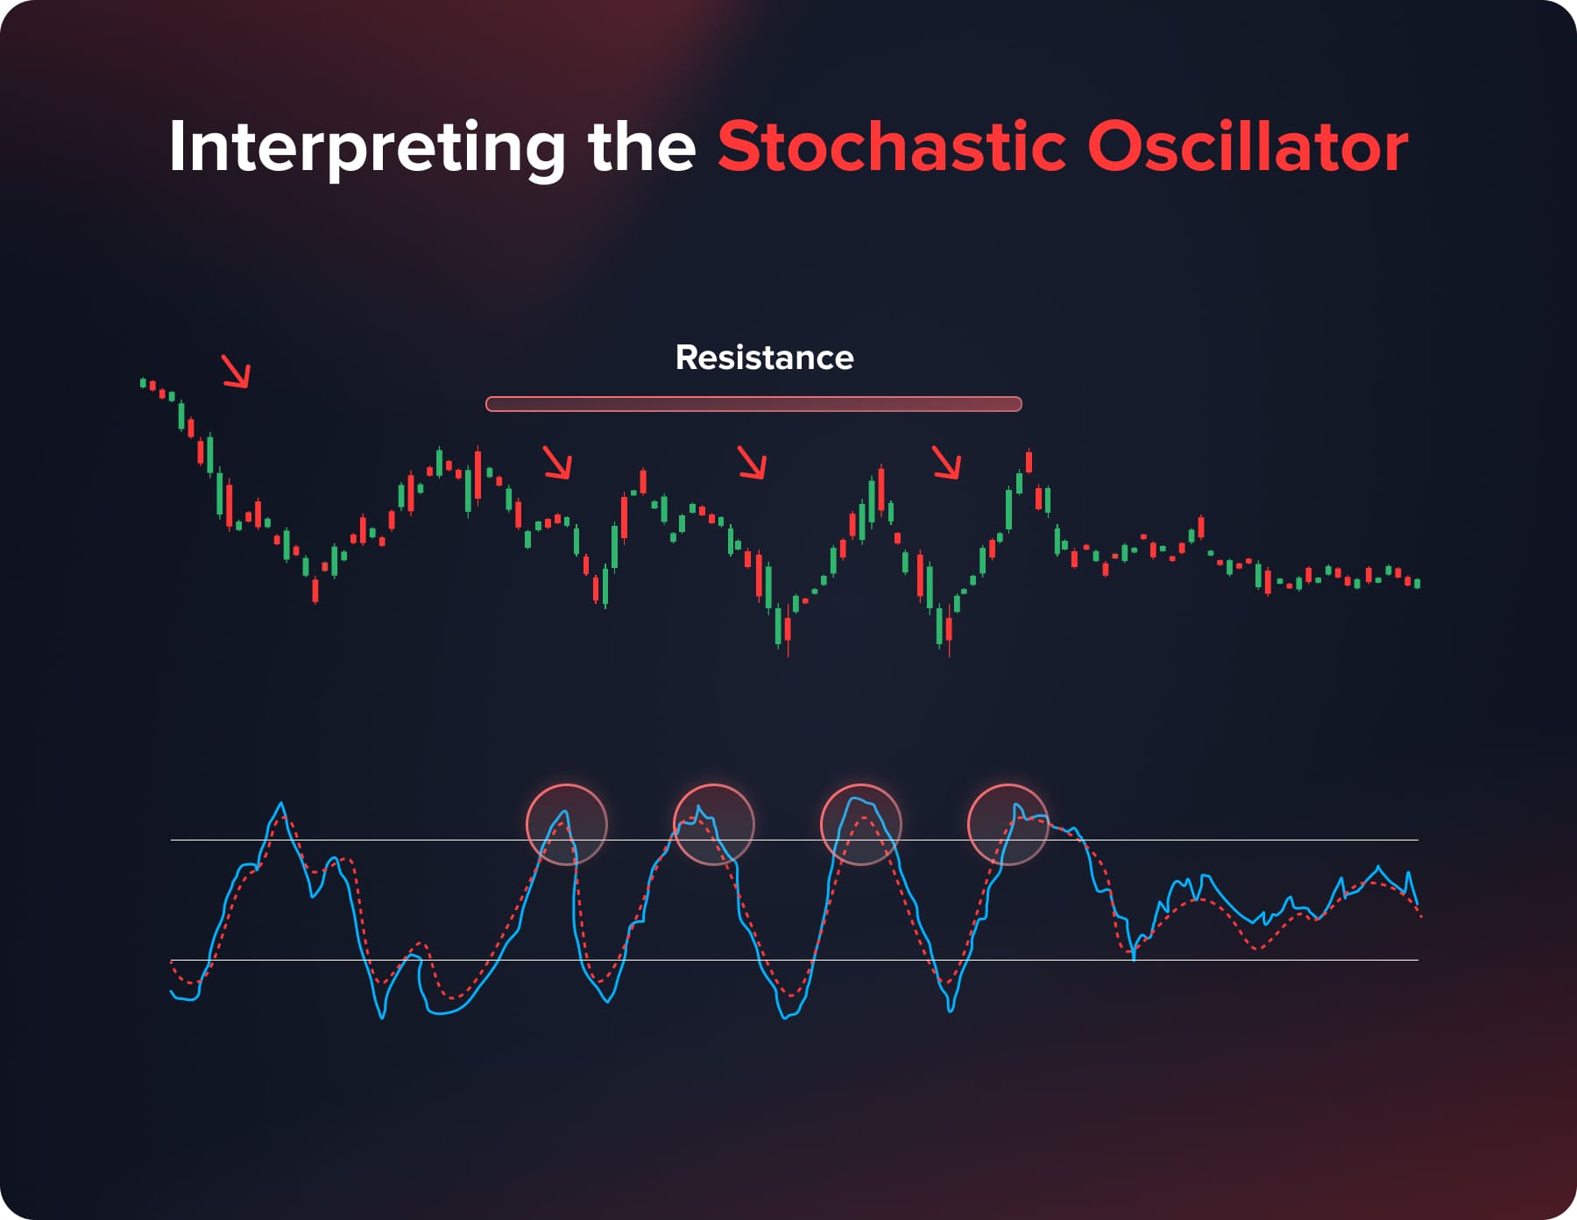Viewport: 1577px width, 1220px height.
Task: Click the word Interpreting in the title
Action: tap(367, 147)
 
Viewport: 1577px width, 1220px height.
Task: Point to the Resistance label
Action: tap(764, 358)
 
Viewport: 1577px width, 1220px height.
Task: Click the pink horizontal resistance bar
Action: tap(753, 404)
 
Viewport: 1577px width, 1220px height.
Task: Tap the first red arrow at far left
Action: tap(236, 371)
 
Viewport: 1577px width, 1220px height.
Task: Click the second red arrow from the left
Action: tap(557, 462)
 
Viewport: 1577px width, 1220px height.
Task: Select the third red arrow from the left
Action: tap(752, 462)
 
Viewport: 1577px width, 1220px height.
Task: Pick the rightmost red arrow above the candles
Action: tap(946, 462)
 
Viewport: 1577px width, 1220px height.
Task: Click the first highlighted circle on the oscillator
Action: tap(567, 825)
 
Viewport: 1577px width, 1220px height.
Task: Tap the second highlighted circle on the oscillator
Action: tap(714, 825)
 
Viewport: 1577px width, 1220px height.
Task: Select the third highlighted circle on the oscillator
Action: tap(861, 825)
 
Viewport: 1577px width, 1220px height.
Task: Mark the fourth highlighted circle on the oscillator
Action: tap(1008, 825)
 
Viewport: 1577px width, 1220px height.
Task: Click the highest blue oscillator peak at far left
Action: tap(281, 804)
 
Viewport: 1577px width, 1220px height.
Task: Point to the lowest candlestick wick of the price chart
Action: tap(950, 653)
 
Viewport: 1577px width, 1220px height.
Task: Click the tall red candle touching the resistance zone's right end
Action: tap(1029, 461)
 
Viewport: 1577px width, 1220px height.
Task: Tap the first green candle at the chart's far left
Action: tap(143, 382)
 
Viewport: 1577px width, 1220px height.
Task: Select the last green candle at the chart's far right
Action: tap(1418, 583)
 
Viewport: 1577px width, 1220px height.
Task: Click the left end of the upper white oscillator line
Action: tap(173, 840)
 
